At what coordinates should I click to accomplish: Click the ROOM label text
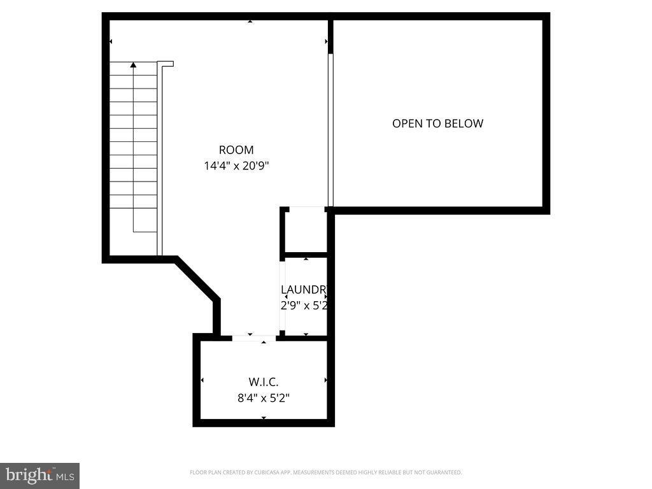point(236,150)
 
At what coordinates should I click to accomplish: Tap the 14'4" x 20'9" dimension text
point(236,166)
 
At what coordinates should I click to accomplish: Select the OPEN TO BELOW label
point(437,124)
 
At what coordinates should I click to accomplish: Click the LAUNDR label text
point(304,290)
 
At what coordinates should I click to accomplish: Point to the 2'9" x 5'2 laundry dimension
point(304,305)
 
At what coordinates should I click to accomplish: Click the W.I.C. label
point(264,383)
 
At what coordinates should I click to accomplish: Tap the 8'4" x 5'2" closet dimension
point(264,399)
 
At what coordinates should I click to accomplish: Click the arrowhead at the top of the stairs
point(133,64)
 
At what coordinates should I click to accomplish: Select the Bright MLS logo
point(39,475)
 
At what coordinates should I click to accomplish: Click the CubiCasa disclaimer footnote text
point(325,472)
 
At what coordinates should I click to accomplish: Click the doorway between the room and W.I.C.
point(253,337)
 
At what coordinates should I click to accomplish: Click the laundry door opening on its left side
point(282,297)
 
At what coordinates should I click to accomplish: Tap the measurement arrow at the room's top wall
point(250,22)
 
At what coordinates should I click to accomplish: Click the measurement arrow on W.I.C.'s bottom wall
point(264,418)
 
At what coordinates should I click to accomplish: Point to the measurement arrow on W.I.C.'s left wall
point(202,380)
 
